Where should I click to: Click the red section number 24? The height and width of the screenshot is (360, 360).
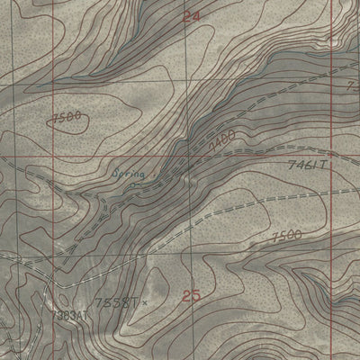point(190,16)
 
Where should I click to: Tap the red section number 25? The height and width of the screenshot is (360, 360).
point(190,296)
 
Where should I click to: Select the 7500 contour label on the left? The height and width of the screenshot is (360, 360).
point(67,115)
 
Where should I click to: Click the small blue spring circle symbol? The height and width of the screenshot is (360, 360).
point(133,184)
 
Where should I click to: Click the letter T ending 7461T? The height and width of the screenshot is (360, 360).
point(328,166)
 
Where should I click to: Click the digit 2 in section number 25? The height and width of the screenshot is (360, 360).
point(185,296)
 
